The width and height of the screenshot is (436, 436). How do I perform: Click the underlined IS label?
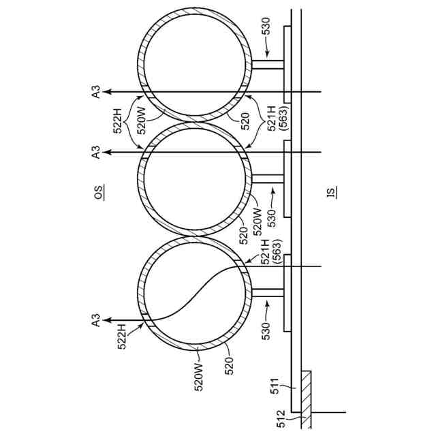pos(332,193)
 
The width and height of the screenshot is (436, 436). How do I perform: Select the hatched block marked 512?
pos(305,399)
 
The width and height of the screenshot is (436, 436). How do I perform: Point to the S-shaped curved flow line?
pos(194,293)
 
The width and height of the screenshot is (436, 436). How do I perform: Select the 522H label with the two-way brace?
pos(120,122)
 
